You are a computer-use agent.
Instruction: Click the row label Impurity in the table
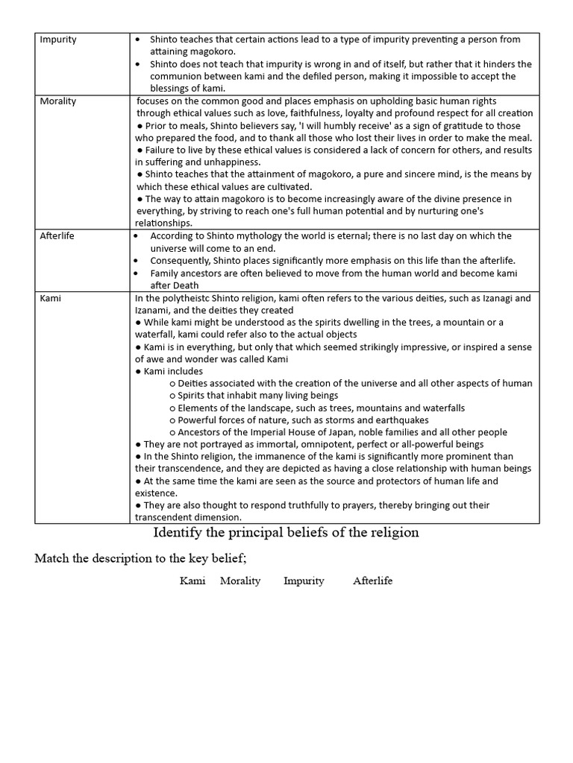point(58,39)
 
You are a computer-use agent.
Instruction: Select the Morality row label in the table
point(59,101)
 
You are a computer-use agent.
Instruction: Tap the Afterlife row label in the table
point(57,235)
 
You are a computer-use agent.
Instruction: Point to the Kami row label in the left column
point(51,297)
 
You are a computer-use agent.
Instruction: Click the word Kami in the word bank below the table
point(192,580)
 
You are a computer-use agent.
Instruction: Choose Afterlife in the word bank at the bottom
point(372,580)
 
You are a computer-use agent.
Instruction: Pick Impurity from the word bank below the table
point(304,580)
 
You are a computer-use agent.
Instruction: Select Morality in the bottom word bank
point(240,580)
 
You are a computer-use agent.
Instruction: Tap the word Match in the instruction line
point(52,560)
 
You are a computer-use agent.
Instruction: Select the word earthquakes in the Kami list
point(402,420)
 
